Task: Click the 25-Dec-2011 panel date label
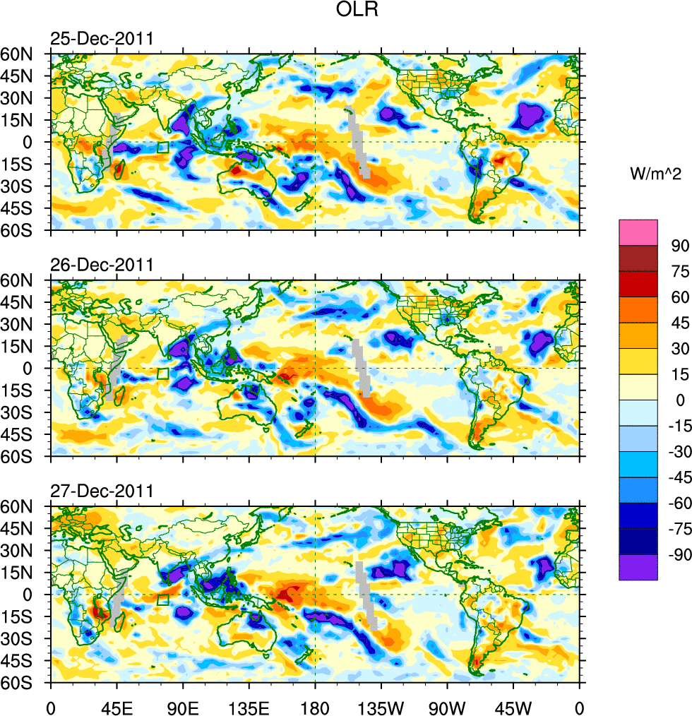[102, 39]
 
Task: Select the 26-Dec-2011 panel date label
[102, 265]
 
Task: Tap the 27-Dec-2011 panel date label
[102, 491]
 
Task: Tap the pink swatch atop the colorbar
[638, 232]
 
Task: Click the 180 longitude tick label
[315, 706]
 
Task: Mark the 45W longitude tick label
[513, 706]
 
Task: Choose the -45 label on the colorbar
[676, 477]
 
